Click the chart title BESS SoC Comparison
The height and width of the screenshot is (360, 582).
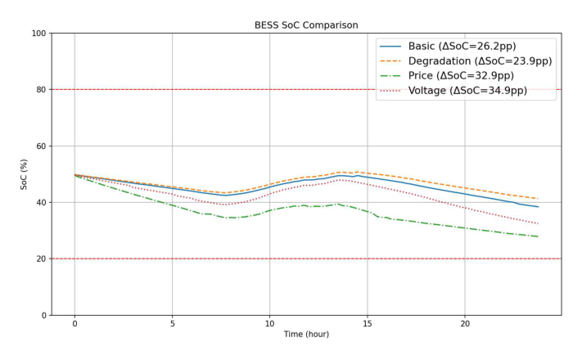(306, 25)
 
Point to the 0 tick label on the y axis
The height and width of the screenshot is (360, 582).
(41, 316)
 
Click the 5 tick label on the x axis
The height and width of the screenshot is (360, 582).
(172, 324)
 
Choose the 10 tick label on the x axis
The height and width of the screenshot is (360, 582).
(269, 324)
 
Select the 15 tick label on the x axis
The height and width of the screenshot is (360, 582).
(367, 324)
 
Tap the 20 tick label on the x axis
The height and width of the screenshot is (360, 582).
(464, 324)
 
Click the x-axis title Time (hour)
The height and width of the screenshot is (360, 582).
(306, 335)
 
